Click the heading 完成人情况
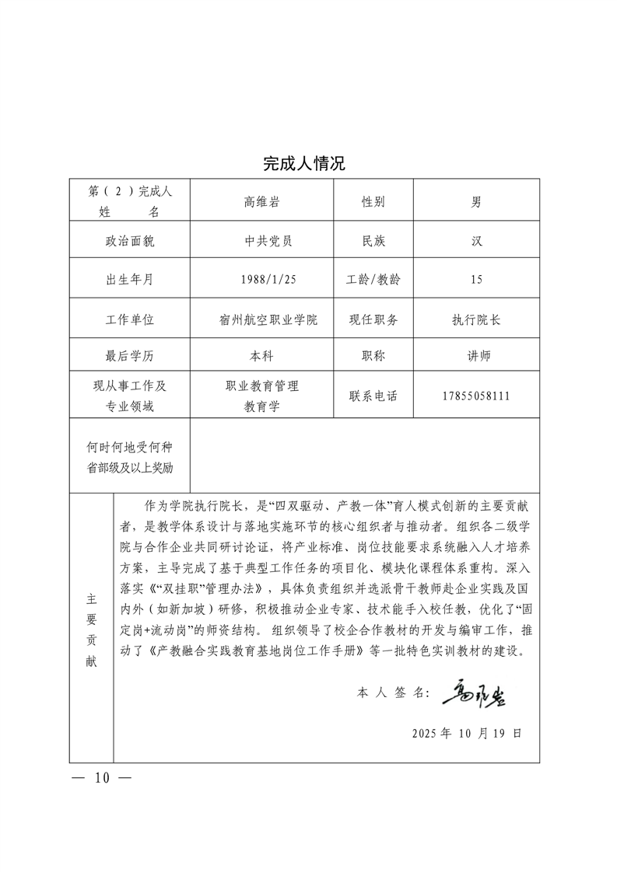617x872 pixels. tap(303, 164)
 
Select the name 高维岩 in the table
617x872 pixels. tap(261, 202)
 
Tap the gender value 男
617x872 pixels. tap(476, 202)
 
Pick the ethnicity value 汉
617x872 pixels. tap(476, 241)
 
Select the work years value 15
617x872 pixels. tap(476, 280)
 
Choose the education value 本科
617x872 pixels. tap(261, 356)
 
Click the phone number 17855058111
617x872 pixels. tap(476, 396)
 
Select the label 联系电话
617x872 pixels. tap(373, 396)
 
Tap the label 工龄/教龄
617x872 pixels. tap(373, 280)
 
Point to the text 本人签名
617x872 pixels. tap(393, 692)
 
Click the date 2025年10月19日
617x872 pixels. tap(466, 733)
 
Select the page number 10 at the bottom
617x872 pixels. tap(102, 778)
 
